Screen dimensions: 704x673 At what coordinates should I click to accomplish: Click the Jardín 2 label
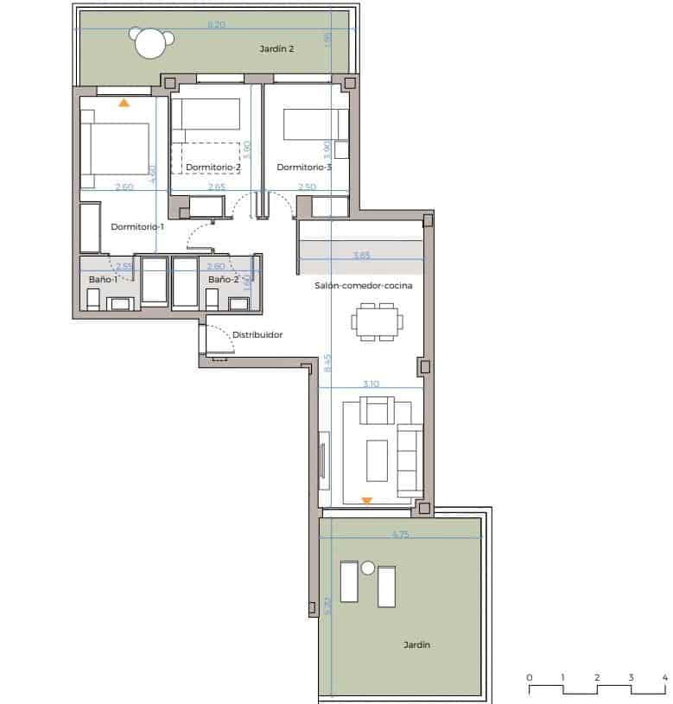(x=276, y=49)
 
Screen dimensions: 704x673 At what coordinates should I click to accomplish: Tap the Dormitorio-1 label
(x=137, y=227)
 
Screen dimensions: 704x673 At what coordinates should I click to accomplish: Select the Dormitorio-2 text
(x=213, y=167)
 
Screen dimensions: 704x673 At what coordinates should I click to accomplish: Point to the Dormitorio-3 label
(x=304, y=167)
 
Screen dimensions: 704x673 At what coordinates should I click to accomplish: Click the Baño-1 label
(x=104, y=279)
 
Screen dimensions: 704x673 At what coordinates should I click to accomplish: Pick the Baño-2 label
(x=223, y=279)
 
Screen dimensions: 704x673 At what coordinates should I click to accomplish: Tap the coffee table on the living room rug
(x=377, y=460)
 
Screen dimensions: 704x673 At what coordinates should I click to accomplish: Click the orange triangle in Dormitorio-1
(x=124, y=102)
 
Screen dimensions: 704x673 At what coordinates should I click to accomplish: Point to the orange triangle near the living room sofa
(x=367, y=500)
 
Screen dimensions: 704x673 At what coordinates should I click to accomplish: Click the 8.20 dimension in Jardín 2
(x=216, y=25)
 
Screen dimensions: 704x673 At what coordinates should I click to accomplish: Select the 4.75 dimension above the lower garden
(x=400, y=535)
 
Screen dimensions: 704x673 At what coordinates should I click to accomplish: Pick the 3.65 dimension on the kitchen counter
(x=362, y=255)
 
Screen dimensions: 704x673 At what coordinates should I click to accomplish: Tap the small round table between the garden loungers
(x=368, y=568)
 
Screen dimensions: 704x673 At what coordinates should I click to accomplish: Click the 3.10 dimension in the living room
(x=371, y=384)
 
